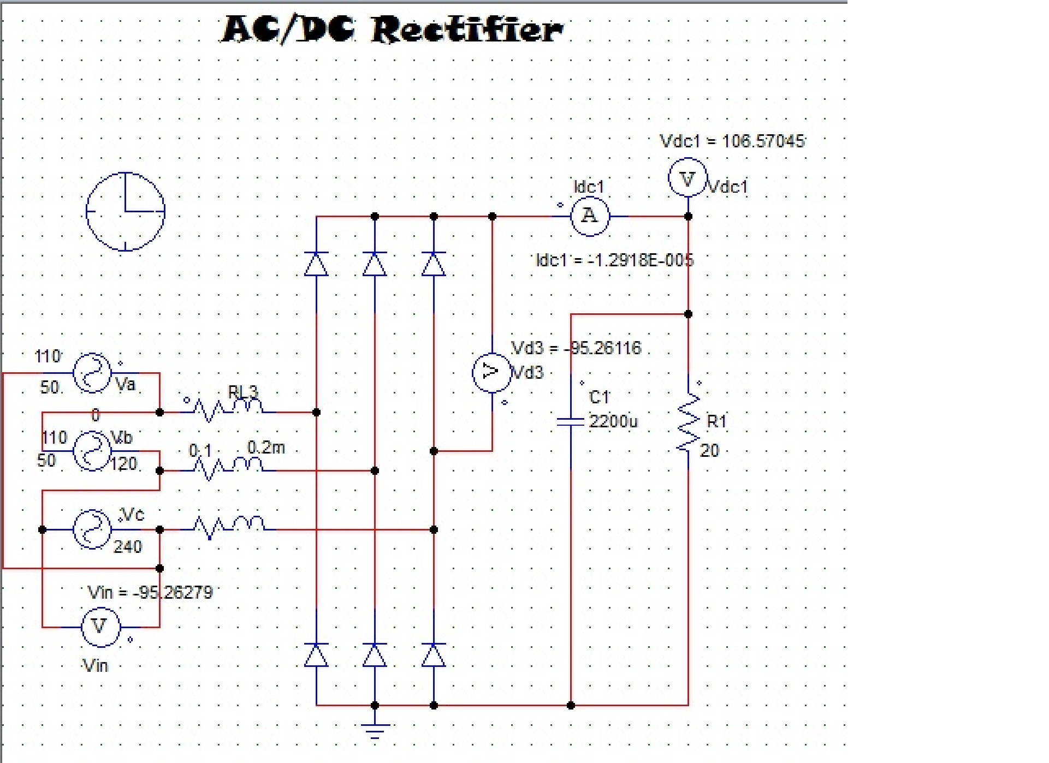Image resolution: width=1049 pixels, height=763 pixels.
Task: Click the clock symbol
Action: coord(126,211)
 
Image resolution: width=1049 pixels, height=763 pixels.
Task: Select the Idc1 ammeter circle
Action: coord(590,216)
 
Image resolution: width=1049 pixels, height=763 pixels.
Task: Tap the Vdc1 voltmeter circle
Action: coord(688,177)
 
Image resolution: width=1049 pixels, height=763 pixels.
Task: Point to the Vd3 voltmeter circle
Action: coord(491,372)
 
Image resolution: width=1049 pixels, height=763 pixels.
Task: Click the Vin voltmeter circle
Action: coord(100,627)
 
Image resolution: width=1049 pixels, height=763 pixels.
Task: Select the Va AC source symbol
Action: coord(92,373)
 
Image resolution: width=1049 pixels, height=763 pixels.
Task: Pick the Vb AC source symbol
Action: coord(92,451)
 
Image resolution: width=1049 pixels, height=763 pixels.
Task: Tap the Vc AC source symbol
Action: coord(92,529)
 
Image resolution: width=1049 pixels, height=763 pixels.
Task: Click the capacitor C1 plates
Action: coord(571,421)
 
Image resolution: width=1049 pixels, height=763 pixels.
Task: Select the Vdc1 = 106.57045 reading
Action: coord(732,141)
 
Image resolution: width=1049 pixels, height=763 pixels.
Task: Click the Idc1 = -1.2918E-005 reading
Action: coord(614,260)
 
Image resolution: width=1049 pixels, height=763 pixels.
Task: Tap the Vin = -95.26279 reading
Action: coord(150,592)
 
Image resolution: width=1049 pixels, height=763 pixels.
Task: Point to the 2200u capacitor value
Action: coord(613,421)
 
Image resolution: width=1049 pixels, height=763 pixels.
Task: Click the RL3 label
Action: coord(243,391)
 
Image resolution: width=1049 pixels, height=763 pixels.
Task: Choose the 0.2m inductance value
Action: coord(266,448)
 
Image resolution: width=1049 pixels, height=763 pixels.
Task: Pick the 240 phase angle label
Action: coord(128,546)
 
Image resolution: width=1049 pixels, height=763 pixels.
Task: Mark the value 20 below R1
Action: coord(709,450)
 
